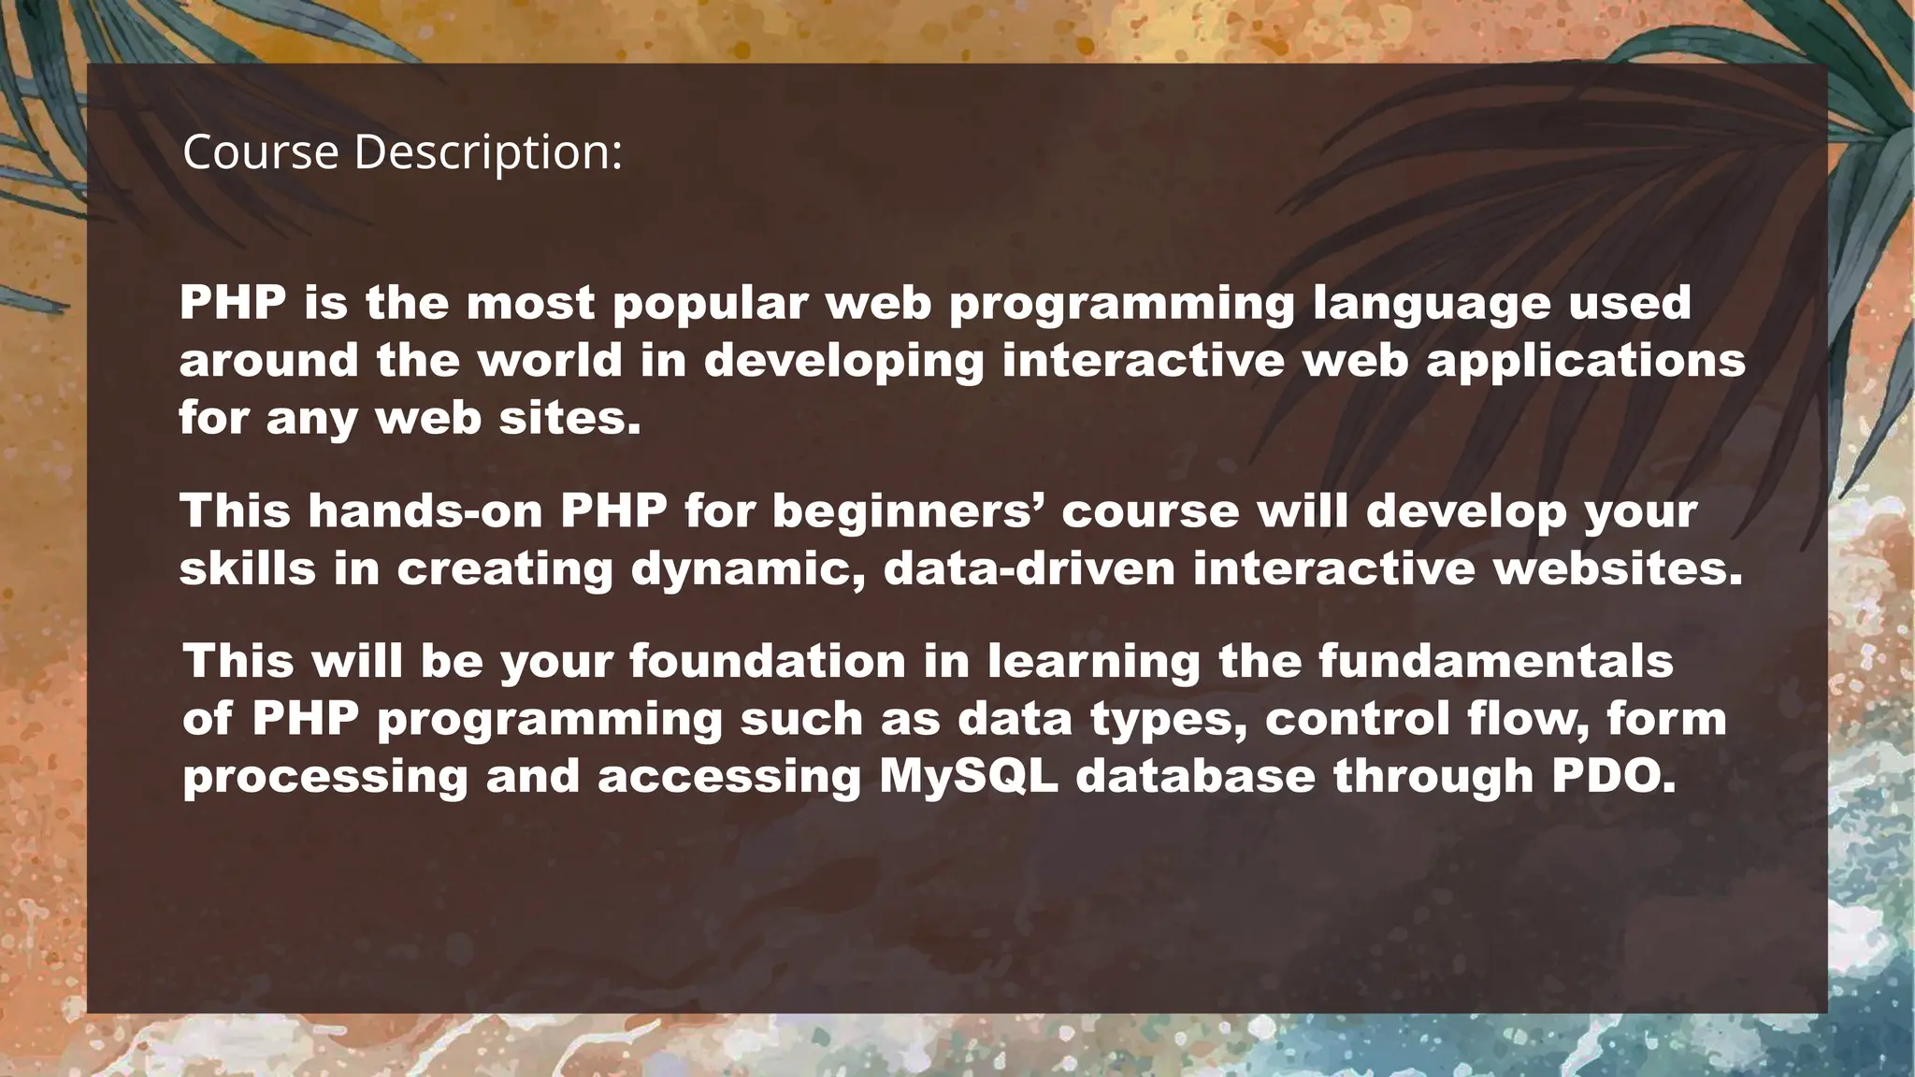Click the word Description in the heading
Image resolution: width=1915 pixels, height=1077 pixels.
[x=488, y=152]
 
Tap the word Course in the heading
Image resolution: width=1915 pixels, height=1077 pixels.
[x=260, y=152]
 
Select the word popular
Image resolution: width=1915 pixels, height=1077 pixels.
[x=710, y=304]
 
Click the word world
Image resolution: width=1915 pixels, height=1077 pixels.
[x=549, y=361]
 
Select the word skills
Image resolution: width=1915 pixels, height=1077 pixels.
[x=248, y=568]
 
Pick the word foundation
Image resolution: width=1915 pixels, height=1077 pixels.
[x=768, y=661]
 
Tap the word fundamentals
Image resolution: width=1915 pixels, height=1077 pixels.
[x=1495, y=661]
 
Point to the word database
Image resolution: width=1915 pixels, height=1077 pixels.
[x=1195, y=777]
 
